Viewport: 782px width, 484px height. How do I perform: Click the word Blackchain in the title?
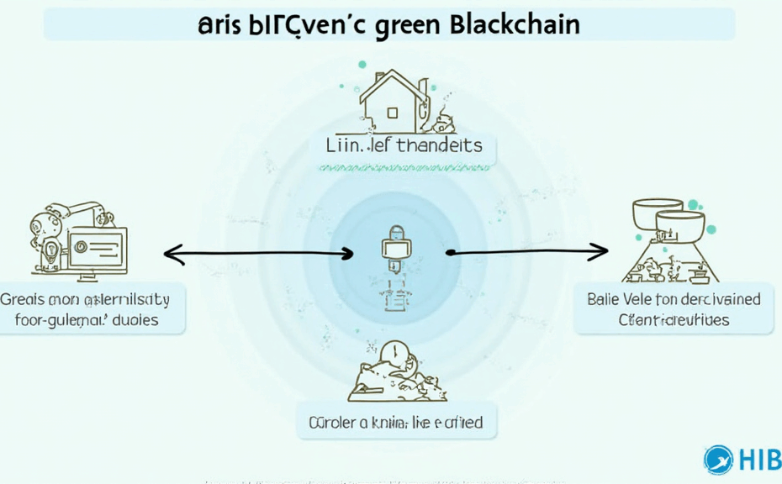tap(515, 24)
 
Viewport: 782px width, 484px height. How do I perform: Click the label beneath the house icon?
tap(405, 145)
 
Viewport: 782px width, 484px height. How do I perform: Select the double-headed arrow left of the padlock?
tap(257, 252)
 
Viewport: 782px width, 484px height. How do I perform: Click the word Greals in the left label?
tap(26, 299)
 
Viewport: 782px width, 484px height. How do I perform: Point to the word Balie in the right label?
tap(601, 299)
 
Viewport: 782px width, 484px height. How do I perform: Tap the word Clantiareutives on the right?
tap(674, 320)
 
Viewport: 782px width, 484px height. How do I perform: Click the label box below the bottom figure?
tap(396, 422)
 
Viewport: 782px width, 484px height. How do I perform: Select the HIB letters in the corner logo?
tap(759, 460)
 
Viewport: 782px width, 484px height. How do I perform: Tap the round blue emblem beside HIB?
tap(720, 459)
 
